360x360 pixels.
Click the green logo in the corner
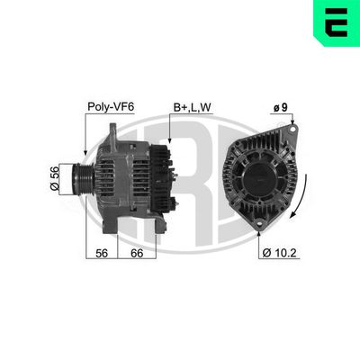coord(336,23)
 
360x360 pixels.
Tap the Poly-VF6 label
coord(112,105)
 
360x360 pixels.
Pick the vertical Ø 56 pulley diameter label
coord(55,177)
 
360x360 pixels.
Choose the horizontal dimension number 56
coord(102,254)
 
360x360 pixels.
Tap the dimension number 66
coord(136,254)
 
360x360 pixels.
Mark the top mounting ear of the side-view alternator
coord(112,133)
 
